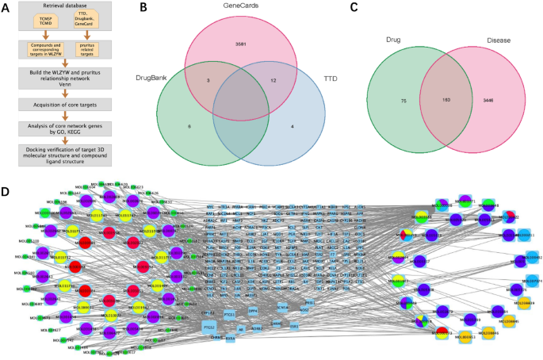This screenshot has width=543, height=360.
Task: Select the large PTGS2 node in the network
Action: coord(209,326)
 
